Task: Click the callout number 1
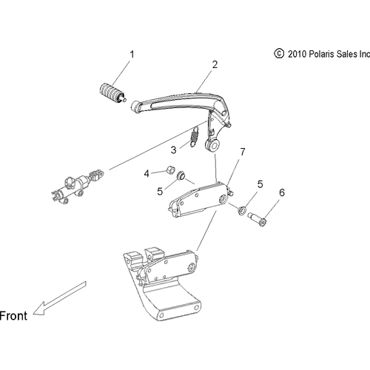click(132, 54)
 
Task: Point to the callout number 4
click(147, 173)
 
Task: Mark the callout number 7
click(240, 153)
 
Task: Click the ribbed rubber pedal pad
click(110, 96)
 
